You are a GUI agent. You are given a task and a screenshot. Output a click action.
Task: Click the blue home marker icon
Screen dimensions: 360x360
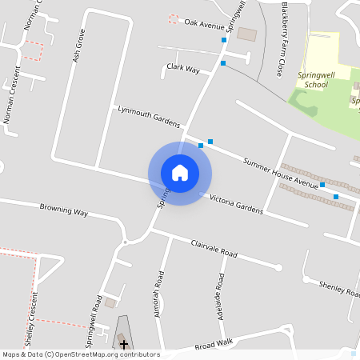coord(180,172)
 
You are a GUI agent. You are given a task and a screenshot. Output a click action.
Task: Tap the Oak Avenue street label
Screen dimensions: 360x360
coord(204,25)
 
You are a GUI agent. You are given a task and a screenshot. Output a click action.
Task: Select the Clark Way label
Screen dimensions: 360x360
coord(183,69)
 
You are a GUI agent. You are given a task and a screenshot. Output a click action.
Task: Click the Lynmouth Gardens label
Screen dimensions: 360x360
coord(149,115)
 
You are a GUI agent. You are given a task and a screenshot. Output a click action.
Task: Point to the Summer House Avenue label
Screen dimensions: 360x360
coord(281,173)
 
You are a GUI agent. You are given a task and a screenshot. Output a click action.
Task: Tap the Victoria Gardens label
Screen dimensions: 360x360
coord(236,204)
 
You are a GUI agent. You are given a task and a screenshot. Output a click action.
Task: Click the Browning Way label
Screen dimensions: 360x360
coord(64,210)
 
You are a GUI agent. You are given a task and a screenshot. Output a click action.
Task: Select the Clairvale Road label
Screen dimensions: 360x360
coord(214,248)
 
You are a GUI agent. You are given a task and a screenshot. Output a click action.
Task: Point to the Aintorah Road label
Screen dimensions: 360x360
coord(159,294)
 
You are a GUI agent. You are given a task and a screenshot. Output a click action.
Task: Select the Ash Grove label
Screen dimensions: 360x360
coord(78,46)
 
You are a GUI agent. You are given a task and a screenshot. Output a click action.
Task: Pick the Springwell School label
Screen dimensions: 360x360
coord(312,78)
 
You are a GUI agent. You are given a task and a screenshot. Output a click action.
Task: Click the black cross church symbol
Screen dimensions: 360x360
coord(123,344)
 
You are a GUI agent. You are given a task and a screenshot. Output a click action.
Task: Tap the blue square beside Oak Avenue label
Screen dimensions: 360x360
coord(224,39)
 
